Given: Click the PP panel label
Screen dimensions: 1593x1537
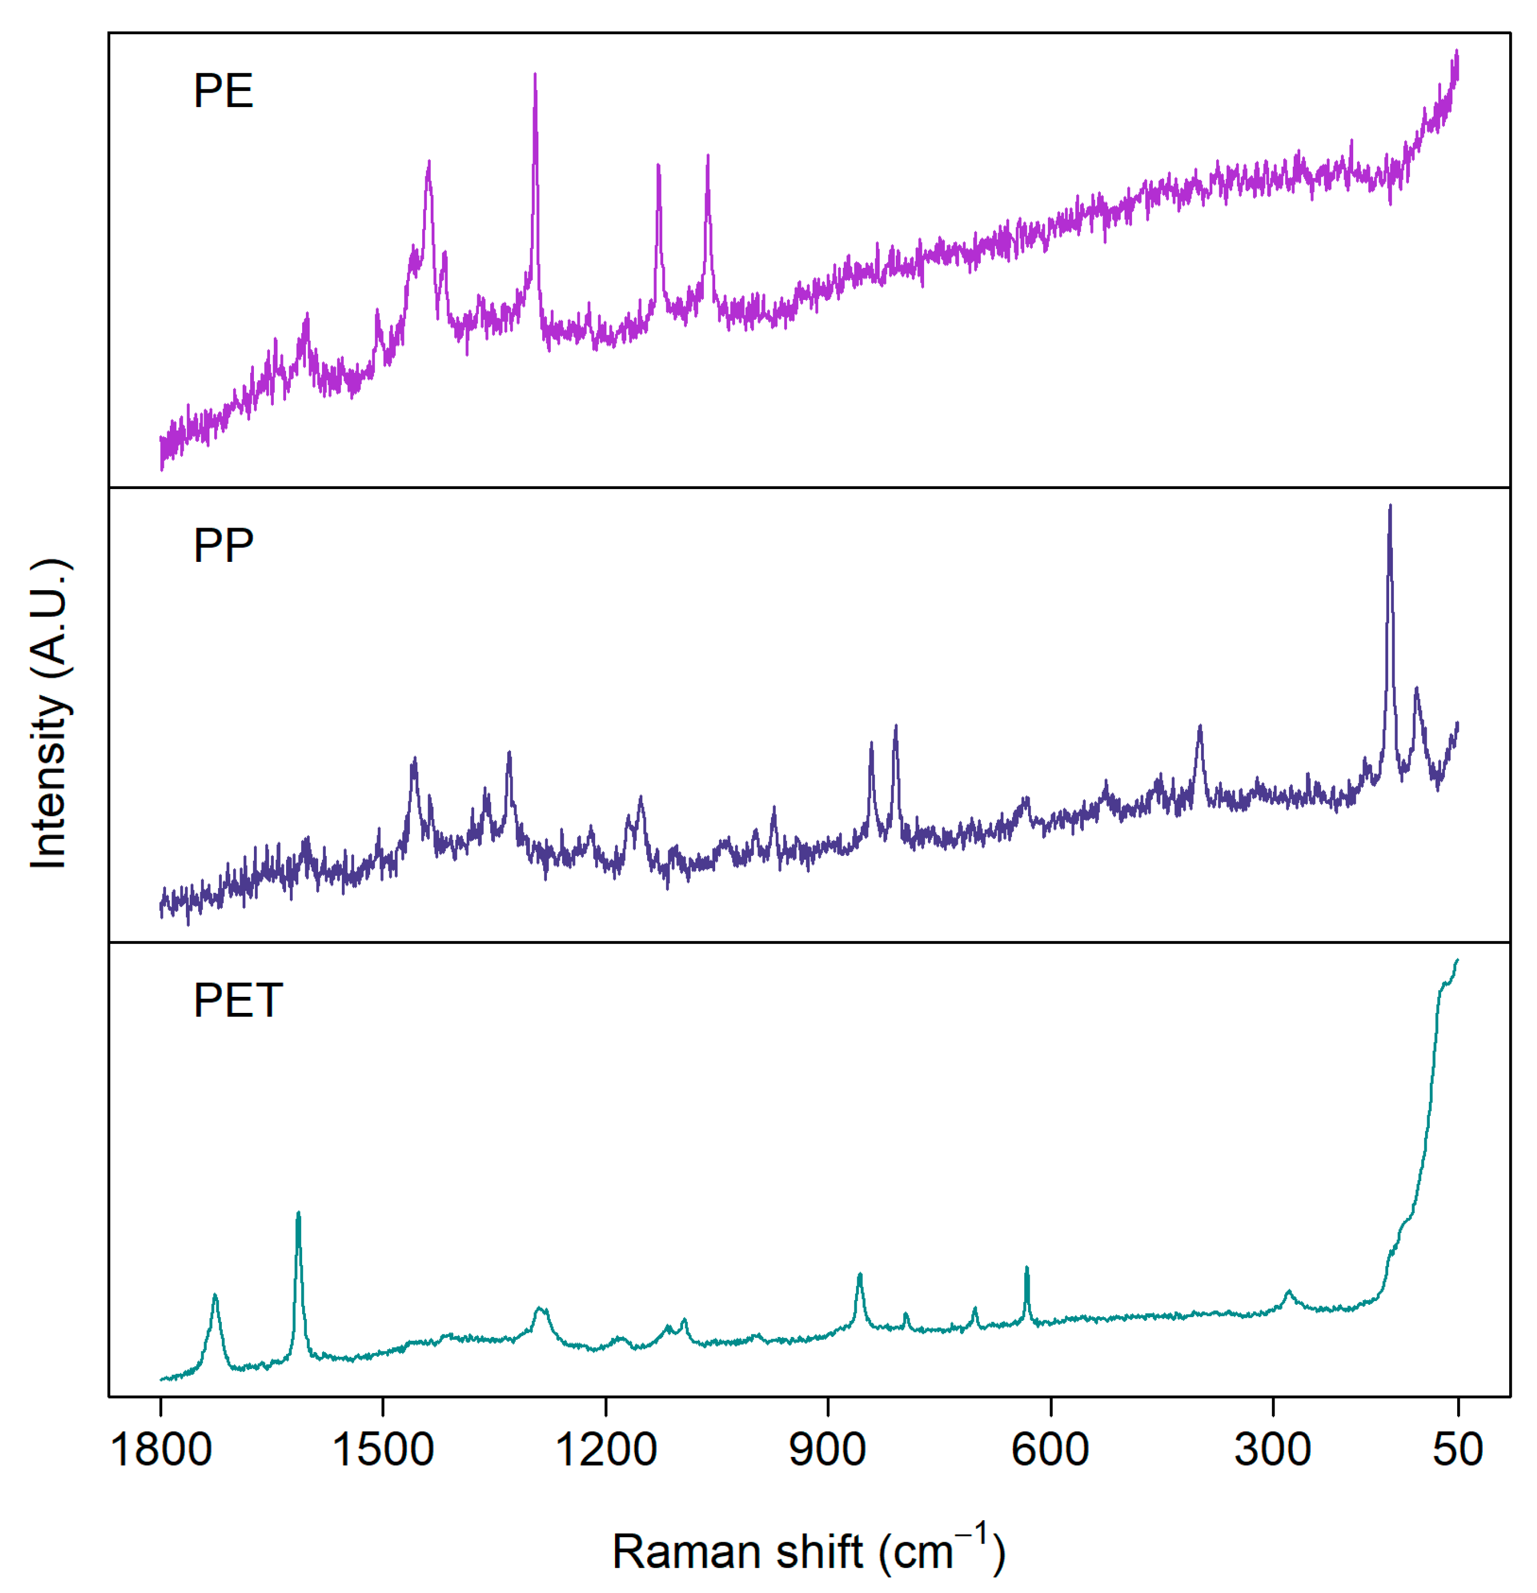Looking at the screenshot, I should (x=223, y=545).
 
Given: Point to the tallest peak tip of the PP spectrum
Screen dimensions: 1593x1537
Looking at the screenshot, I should (x=1390, y=506).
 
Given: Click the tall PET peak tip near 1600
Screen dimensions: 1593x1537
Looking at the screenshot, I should (x=298, y=1213).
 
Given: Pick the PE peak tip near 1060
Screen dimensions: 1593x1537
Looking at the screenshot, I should (x=708, y=155).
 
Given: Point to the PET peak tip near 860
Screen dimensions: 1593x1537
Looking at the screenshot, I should (x=860, y=1274).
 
